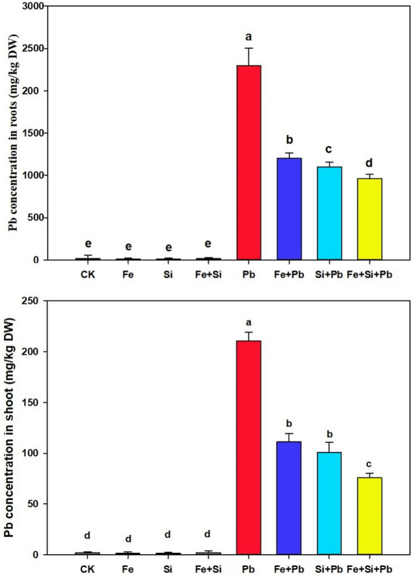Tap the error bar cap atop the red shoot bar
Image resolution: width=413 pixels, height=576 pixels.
[253, 332]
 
